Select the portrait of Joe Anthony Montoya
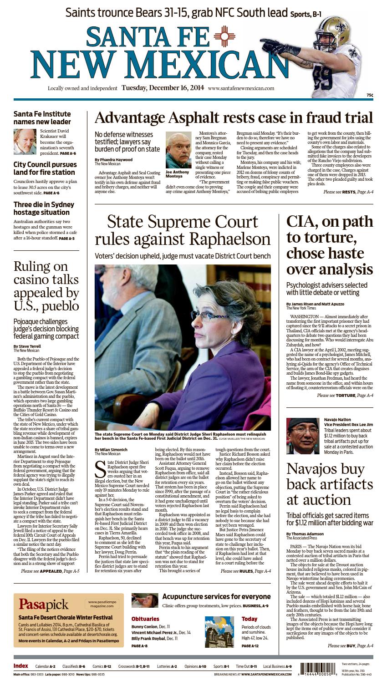[178, 150]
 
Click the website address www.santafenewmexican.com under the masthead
[241, 88]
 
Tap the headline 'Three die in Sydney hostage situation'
[44, 208]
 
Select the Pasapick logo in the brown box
[44, 604]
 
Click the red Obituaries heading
[145, 619]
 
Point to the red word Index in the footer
[21, 666]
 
